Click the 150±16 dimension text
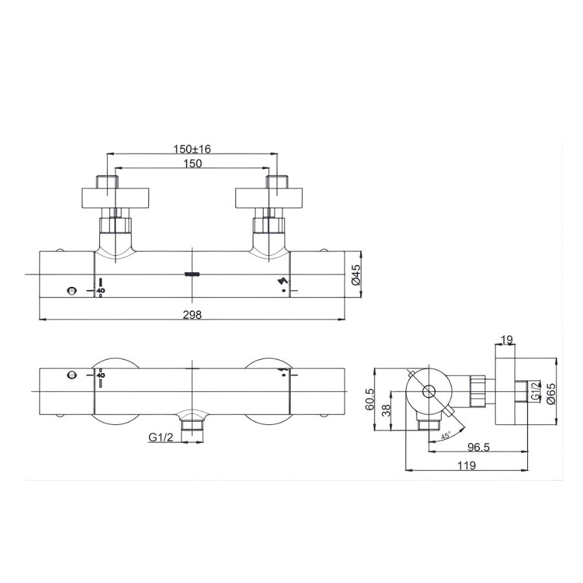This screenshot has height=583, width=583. [x=192, y=148]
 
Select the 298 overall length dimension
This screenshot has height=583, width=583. [x=192, y=315]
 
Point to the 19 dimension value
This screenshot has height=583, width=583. [x=507, y=339]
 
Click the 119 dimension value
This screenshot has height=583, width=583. [x=466, y=465]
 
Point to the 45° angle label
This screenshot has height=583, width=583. [x=446, y=436]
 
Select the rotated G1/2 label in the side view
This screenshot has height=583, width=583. [x=535, y=392]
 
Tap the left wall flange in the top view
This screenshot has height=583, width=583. [x=115, y=198]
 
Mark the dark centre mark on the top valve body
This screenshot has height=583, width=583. [x=192, y=275]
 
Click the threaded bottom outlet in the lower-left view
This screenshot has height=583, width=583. [x=192, y=427]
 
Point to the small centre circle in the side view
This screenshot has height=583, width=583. [x=428, y=391]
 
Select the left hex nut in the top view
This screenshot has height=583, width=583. [x=115, y=225]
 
